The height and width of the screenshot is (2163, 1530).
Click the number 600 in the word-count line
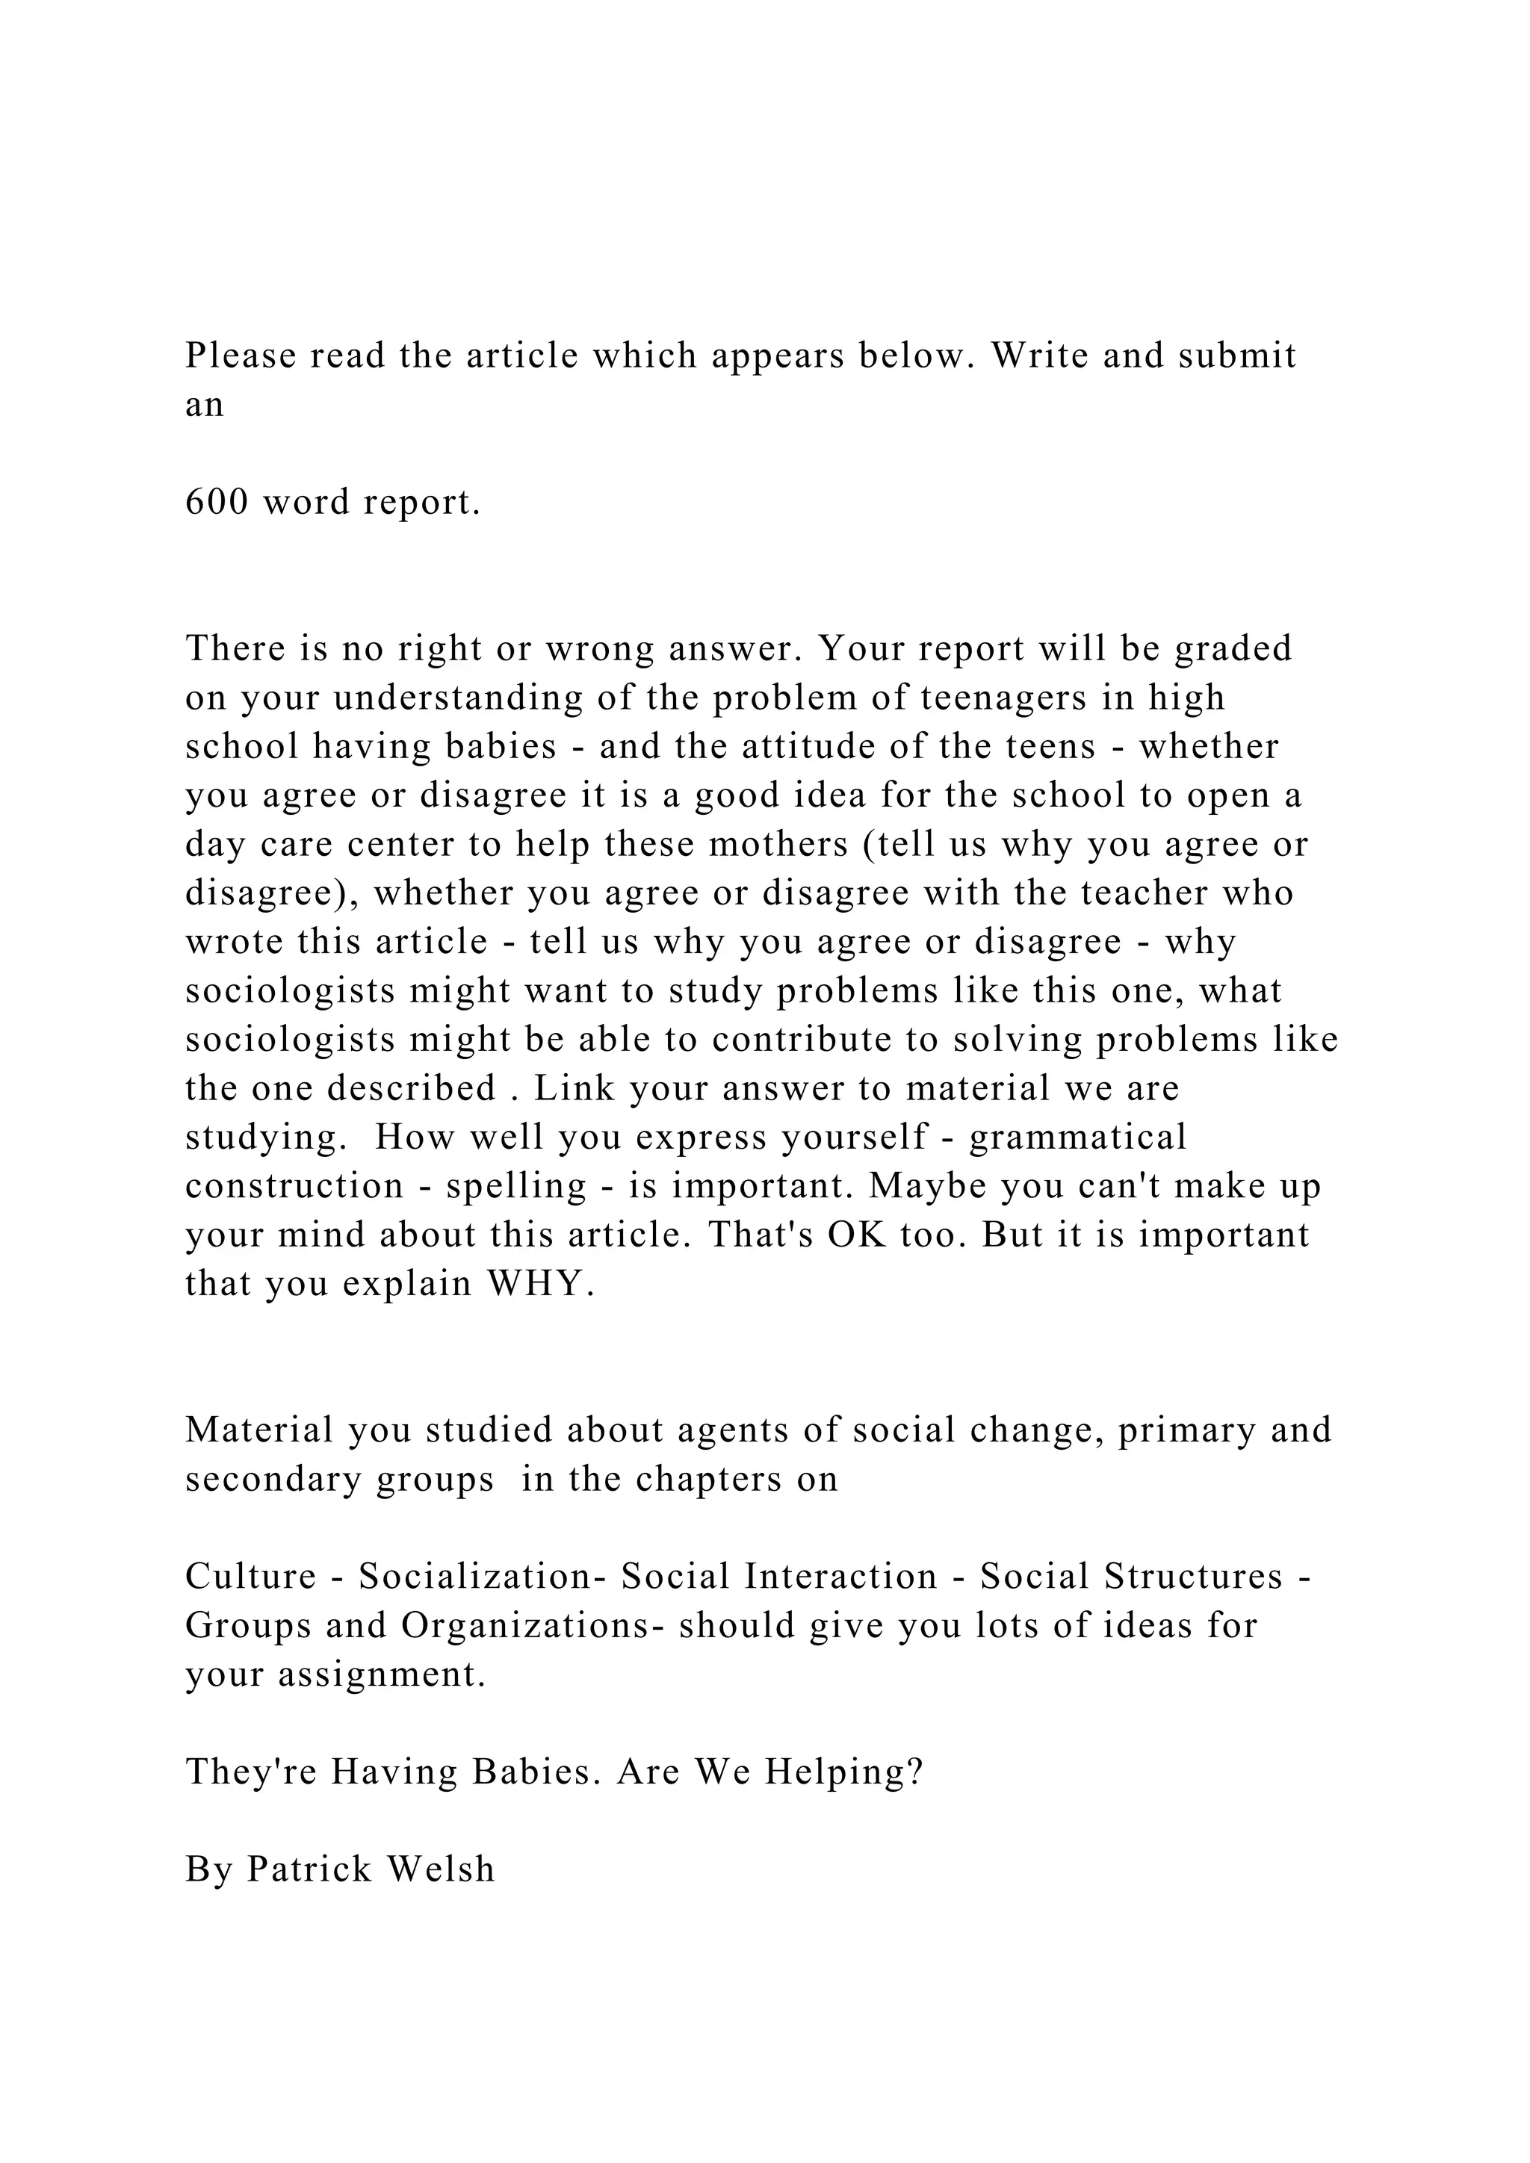pyautogui.click(x=217, y=502)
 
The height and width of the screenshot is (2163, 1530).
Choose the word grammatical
pyautogui.click(x=1078, y=1137)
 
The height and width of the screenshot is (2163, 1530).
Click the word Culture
pyautogui.click(x=250, y=1577)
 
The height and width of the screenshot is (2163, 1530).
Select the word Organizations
pyautogui.click(x=524, y=1626)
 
